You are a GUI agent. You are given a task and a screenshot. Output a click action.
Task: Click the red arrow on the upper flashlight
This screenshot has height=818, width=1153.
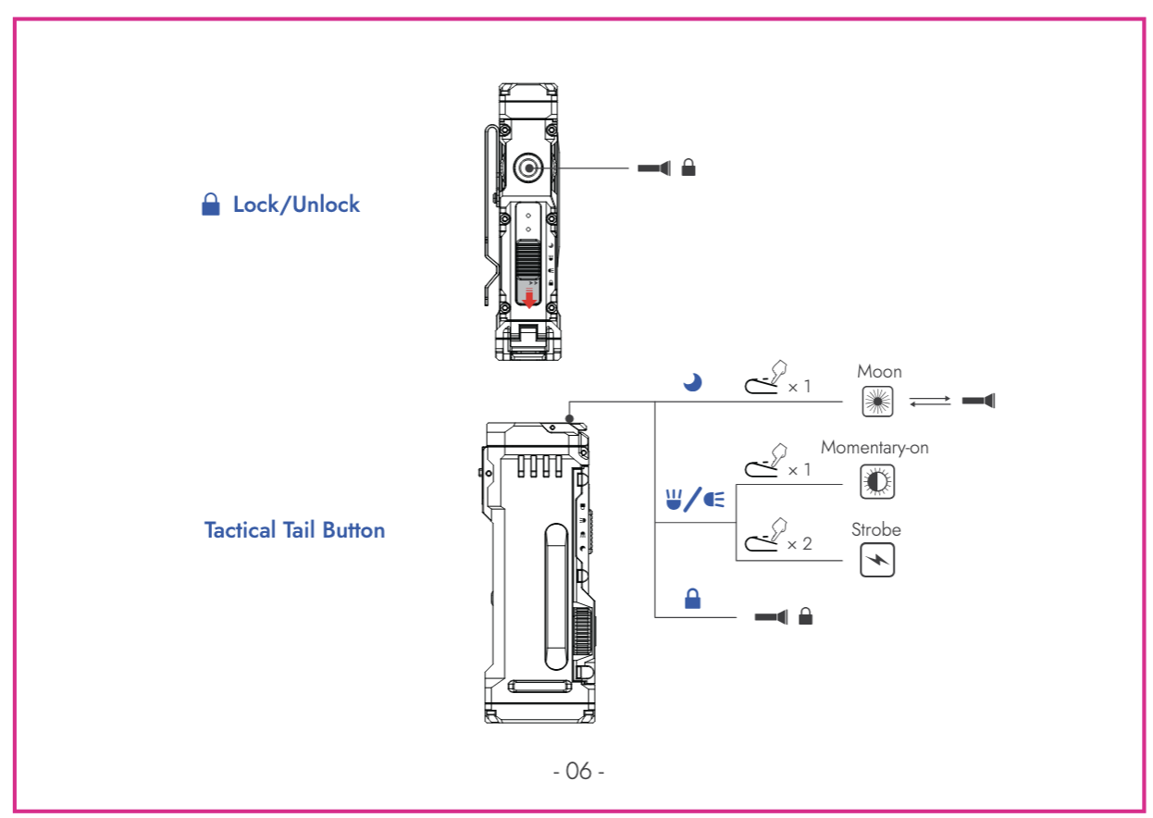[x=529, y=298]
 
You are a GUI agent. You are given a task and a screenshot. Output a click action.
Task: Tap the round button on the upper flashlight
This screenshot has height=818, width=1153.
[x=528, y=167]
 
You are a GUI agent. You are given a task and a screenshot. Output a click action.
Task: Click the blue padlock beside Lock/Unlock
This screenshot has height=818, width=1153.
[x=211, y=204]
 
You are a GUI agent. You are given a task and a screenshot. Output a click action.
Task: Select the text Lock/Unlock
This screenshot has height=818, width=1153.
[x=296, y=204]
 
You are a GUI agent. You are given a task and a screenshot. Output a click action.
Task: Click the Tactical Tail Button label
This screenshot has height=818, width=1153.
[x=294, y=530]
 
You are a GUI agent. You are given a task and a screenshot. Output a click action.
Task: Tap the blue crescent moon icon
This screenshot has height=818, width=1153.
[x=692, y=382]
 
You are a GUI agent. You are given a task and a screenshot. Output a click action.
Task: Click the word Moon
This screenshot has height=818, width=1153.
[x=879, y=371]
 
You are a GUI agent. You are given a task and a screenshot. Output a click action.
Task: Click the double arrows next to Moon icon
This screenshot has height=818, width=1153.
[x=929, y=402]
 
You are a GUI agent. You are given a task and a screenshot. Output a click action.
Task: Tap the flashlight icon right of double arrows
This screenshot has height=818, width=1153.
[x=978, y=402]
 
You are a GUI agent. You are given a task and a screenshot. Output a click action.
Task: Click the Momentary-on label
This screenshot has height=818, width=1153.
[x=874, y=448]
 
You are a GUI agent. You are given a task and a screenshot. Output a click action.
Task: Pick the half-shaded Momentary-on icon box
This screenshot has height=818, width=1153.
[x=877, y=481]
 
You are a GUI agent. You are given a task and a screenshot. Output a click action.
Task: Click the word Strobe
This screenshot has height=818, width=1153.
[x=875, y=530]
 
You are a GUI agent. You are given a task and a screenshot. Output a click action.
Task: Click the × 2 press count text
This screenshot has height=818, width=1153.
[x=799, y=544]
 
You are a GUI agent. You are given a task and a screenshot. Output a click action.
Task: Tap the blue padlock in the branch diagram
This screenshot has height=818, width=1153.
[x=692, y=599]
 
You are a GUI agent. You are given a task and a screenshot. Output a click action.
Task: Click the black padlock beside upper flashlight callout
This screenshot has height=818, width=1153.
[x=688, y=168]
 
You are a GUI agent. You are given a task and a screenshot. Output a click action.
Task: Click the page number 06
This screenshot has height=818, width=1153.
[x=578, y=771]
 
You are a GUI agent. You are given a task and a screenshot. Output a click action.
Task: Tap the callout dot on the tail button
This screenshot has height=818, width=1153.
[x=570, y=418]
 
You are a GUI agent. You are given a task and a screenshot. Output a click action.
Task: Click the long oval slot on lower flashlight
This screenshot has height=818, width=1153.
[x=555, y=596]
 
